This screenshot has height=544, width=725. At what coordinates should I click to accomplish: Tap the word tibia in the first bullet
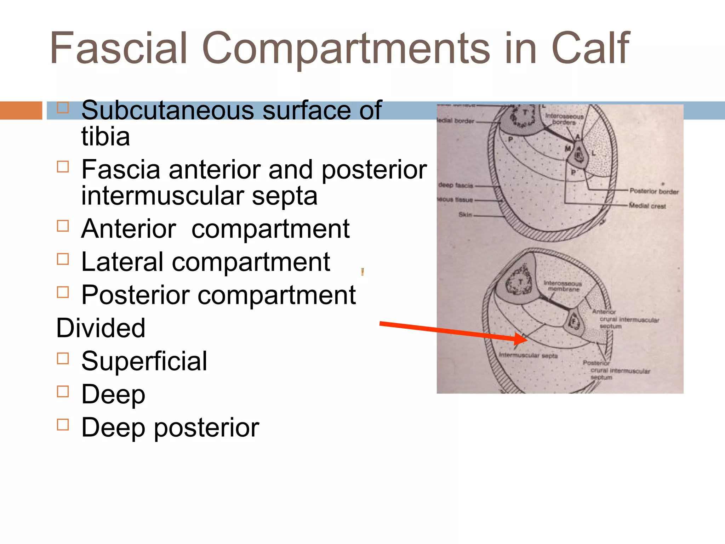coord(105,137)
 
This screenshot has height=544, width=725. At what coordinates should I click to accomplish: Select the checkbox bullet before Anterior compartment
coord(63,226)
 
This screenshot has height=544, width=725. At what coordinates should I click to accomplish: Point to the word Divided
coord(101,328)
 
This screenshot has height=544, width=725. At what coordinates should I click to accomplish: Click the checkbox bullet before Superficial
coord(63,358)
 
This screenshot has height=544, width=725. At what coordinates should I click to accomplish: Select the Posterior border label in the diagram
coord(653,191)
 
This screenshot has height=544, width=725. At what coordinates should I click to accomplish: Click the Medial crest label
coord(647,206)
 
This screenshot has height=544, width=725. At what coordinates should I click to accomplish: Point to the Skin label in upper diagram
coord(465,215)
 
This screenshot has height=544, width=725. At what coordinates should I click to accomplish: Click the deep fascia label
coord(456,185)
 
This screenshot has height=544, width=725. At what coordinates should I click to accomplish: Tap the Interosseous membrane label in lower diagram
coord(563,286)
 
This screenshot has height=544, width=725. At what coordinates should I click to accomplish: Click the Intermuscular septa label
coord(528,355)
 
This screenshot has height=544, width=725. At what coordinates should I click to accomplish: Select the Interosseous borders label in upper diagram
coord(564,119)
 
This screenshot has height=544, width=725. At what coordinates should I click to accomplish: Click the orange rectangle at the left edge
coord(21,110)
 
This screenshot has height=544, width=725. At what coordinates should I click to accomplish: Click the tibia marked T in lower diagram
coord(520,283)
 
